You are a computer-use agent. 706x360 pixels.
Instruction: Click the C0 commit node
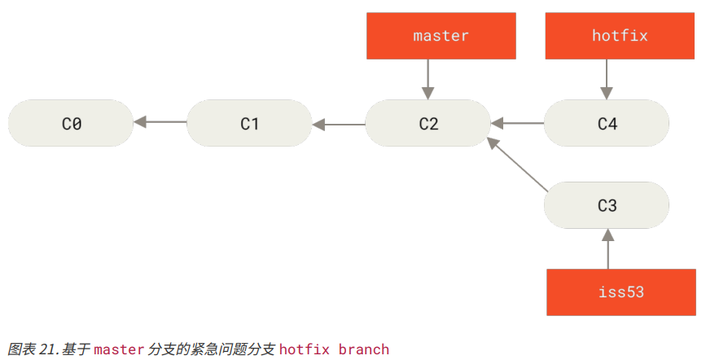(71, 123)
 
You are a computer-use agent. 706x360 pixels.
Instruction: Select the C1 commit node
(249, 123)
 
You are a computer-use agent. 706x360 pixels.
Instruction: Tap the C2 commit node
(428, 123)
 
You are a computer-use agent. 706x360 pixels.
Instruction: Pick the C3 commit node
(607, 205)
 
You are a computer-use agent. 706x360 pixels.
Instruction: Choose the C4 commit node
(607, 123)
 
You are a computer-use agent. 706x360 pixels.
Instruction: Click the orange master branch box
(441, 36)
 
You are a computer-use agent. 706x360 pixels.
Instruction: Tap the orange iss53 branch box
(620, 292)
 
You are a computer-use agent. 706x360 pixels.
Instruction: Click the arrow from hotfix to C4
(606, 79)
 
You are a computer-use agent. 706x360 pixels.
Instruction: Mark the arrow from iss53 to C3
(607, 248)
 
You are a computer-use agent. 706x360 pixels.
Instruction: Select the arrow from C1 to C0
(160, 122)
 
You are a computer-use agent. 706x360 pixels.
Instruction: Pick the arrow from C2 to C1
(339, 125)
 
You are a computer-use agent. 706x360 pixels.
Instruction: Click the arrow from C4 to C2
(517, 124)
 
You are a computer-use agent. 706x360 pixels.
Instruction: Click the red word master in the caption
(118, 349)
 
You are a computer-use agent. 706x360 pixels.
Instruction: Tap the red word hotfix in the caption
(305, 349)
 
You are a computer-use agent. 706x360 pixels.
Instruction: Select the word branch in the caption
(364, 349)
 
